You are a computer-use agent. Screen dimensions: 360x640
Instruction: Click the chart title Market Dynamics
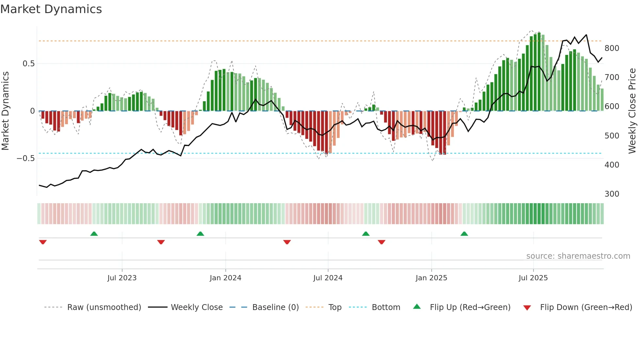pyautogui.click(x=51, y=9)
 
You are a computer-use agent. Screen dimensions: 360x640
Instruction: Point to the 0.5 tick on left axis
pyautogui.click(x=28, y=64)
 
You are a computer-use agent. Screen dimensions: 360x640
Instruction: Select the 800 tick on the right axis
pyautogui.click(x=612, y=48)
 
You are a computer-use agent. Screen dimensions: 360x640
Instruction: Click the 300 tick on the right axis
pyautogui.click(x=612, y=194)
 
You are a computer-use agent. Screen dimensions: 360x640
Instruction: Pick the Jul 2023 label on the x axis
pyautogui.click(x=122, y=278)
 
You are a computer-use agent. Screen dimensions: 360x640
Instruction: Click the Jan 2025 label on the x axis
pyautogui.click(x=431, y=278)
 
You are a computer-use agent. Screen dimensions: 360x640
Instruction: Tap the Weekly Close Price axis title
pyautogui.click(x=632, y=111)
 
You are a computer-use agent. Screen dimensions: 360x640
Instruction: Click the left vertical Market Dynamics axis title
pyautogui.click(x=5, y=111)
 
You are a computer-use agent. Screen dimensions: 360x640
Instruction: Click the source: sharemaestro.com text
pyautogui.click(x=578, y=256)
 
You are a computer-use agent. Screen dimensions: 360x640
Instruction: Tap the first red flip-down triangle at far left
pyautogui.click(x=43, y=242)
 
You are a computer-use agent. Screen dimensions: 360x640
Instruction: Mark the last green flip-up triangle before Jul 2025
pyautogui.click(x=464, y=234)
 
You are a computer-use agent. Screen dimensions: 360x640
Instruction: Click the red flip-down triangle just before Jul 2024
pyautogui.click(x=287, y=242)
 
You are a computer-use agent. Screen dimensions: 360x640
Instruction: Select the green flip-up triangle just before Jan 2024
pyautogui.click(x=200, y=234)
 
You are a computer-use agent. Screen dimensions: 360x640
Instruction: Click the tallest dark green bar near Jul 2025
pyautogui.click(x=539, y=72)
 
